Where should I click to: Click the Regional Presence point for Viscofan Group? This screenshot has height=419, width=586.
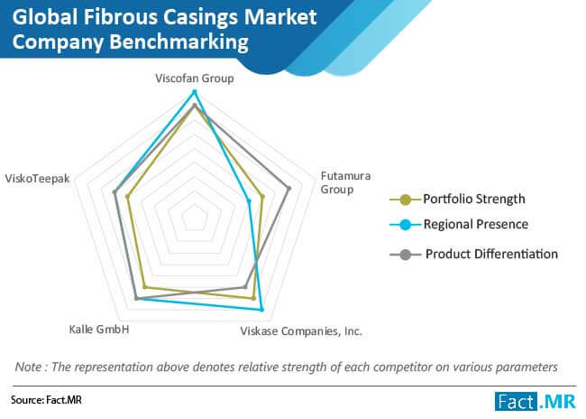tap(194, 92)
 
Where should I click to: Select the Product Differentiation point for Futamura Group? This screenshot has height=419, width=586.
tap(288, 188)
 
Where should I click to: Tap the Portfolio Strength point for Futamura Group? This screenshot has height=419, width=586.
tap(262, 196)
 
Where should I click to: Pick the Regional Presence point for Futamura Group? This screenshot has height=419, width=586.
tap(249, 201)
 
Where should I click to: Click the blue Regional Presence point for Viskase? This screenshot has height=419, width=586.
tap(261, 310)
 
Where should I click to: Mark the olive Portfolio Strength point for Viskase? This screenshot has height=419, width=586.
tap(253, 298)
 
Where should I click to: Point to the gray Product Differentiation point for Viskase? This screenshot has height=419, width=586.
tap(245, 287)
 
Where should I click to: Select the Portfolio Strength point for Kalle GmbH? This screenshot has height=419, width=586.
tap(145, 287)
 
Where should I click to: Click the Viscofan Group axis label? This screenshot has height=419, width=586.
tap(195, 79)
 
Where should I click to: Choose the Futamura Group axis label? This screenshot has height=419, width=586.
tap(345, 182)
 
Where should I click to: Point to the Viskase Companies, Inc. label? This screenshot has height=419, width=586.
tap(301, 331)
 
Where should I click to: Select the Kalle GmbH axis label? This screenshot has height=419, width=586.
tap(99, 330)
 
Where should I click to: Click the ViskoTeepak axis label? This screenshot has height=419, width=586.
tap(37, 179)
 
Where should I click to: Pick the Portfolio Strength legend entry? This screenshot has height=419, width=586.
tap(457, 200)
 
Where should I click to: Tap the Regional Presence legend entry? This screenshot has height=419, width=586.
tap(459, 224)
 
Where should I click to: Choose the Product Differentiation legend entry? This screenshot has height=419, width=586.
tap(474, 255)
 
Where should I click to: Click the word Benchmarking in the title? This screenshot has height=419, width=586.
tap(179, 42)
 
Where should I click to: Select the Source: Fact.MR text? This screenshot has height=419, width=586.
tap(46, 400)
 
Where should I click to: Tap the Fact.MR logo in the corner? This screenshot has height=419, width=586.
tap(536, 402)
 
